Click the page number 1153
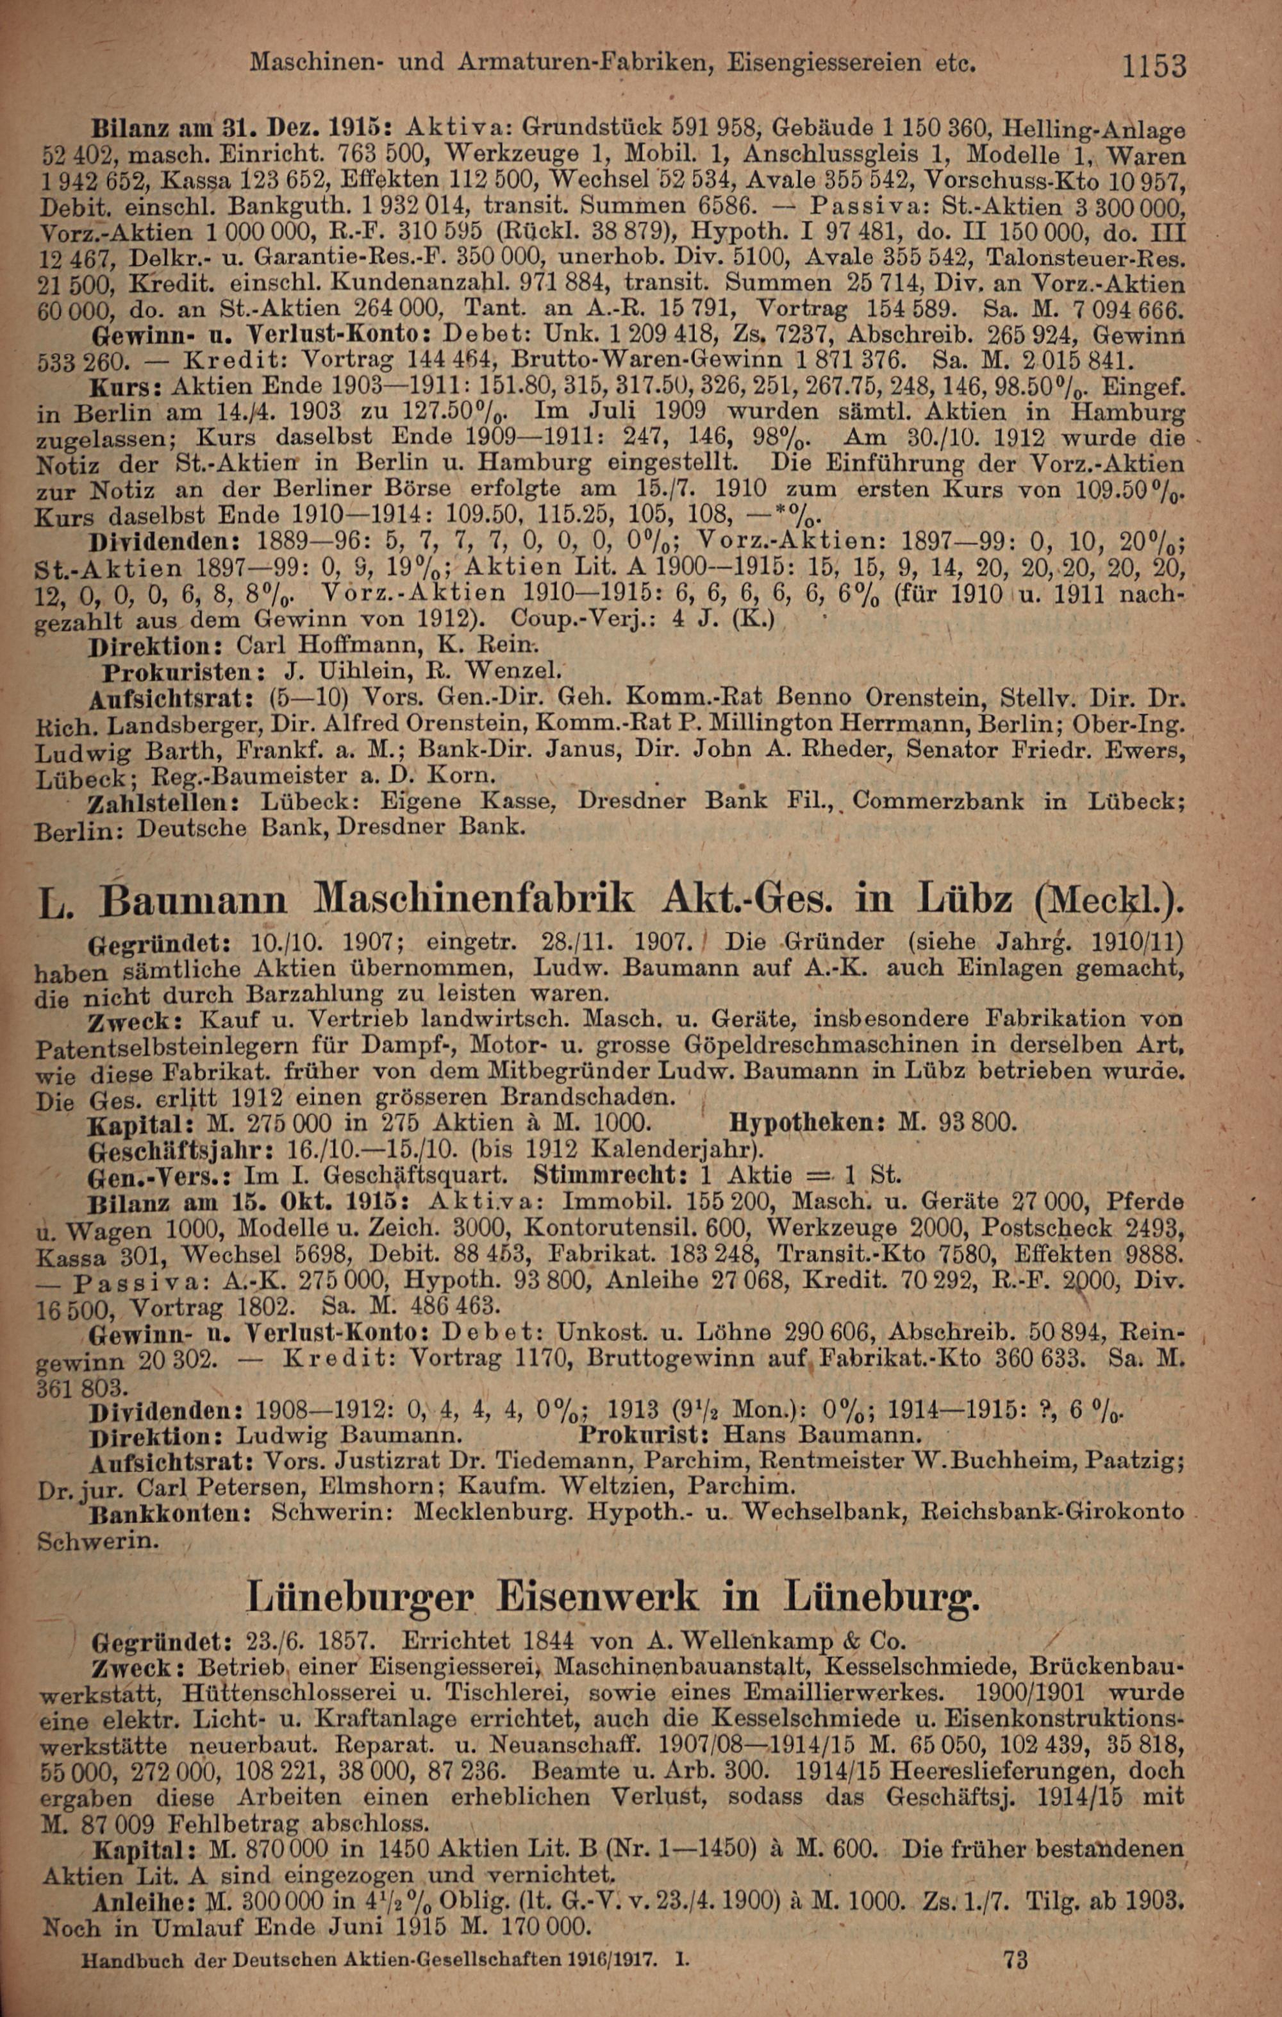[1154, 66]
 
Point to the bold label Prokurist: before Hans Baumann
[644, 1434]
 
